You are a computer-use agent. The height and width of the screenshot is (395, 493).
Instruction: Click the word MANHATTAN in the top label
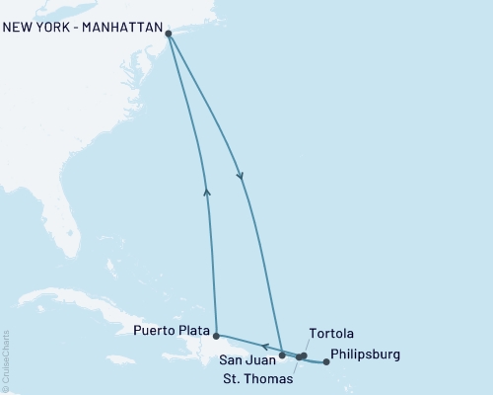tap(116, 28)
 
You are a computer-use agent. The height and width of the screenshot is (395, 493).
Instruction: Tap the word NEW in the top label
tap(20, 28)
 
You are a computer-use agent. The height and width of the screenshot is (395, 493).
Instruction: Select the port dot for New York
tap(169, 35)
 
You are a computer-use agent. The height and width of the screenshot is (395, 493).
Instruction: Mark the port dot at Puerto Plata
tap(216, 336)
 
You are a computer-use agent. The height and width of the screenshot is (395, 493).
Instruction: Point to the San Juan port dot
tap(282, 354)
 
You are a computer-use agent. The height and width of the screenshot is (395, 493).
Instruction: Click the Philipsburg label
tap(366, 354)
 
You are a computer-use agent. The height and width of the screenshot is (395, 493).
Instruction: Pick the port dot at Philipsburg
tap(326, 362)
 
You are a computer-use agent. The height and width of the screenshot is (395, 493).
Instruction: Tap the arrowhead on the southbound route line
tap(241, 176)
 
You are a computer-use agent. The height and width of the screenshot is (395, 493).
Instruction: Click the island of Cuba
tap(79, 300)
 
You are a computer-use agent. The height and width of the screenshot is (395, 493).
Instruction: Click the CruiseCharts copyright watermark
tap(6, 361)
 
